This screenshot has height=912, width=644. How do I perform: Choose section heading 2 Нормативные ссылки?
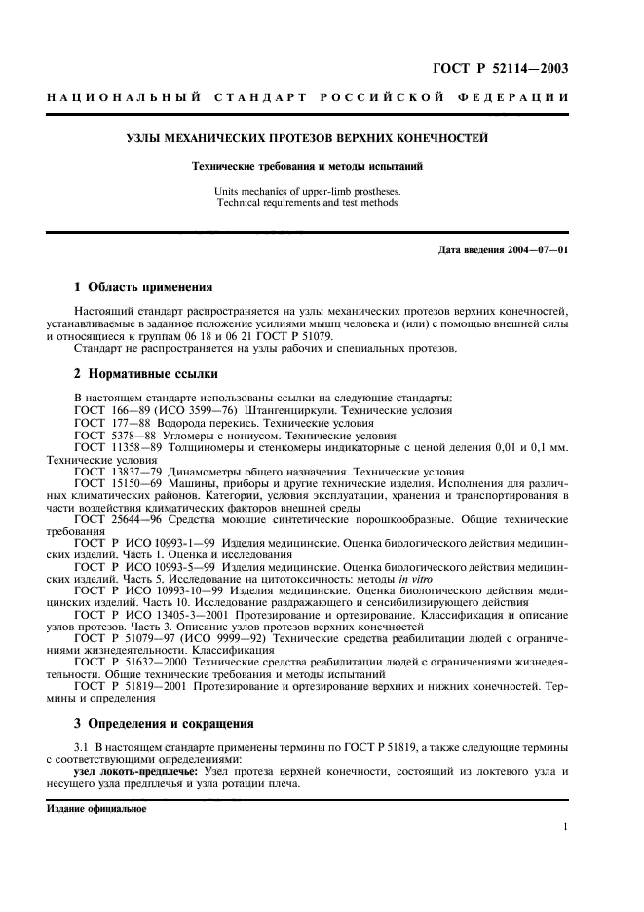click(139, 373)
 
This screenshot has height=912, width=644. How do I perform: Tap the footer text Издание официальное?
click(96, 809)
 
